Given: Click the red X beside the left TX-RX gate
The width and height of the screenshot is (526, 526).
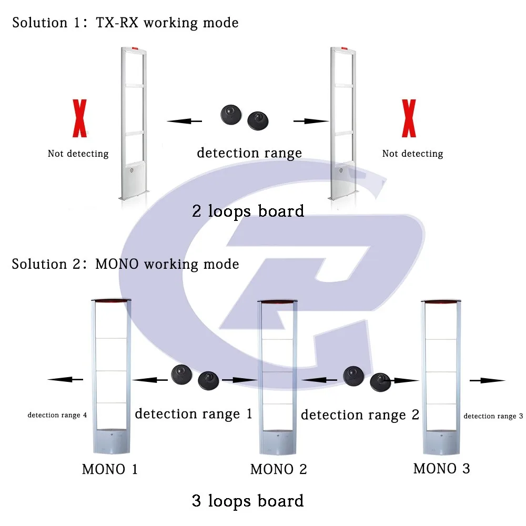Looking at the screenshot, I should (x=79, y=118).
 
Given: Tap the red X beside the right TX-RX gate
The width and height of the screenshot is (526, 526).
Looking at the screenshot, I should (x=408, y=118).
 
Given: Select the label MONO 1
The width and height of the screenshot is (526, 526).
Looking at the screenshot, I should (x=110, y=469).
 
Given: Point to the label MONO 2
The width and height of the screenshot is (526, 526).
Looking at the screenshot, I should (x=278, y=469).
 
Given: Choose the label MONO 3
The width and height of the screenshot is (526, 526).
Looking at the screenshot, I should (x=441, y=468).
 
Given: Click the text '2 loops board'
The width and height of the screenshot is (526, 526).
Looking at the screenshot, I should (x=248, y=211).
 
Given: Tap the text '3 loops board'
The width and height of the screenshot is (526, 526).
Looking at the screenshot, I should (x=248, y=500).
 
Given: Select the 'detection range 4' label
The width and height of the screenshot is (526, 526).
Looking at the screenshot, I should (x=57, y=416).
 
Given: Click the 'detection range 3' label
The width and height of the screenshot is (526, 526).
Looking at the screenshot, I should (x=493, y=416).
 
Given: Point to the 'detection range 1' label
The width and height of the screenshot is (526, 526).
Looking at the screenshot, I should (x=194, y=414).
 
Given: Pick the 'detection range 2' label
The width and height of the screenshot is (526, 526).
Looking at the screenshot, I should (x=360, y=415).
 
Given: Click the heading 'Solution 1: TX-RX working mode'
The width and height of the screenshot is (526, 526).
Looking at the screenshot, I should (x=125, y=23).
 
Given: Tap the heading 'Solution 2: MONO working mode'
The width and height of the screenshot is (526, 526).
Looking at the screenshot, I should (x=125, y=264).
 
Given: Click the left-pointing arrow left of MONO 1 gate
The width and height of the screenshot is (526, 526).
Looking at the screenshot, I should (x=65, y=379).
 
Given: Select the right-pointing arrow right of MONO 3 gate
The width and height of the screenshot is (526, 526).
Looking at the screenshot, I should (x=487, y=380).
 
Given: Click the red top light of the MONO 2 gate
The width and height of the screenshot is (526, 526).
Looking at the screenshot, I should (x=277, y=302).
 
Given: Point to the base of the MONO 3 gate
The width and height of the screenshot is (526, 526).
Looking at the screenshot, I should (x=441, y=442).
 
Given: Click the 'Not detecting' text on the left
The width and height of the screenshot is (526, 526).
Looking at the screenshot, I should (x=78, y=154).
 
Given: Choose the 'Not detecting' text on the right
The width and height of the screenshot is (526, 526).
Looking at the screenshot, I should (x=412, y=154).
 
